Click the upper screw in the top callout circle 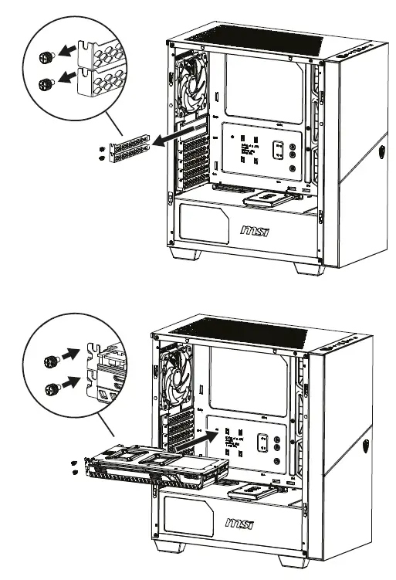tap(46, 56)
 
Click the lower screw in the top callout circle tap(46, 83)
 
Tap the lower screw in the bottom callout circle tap(51, 388)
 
